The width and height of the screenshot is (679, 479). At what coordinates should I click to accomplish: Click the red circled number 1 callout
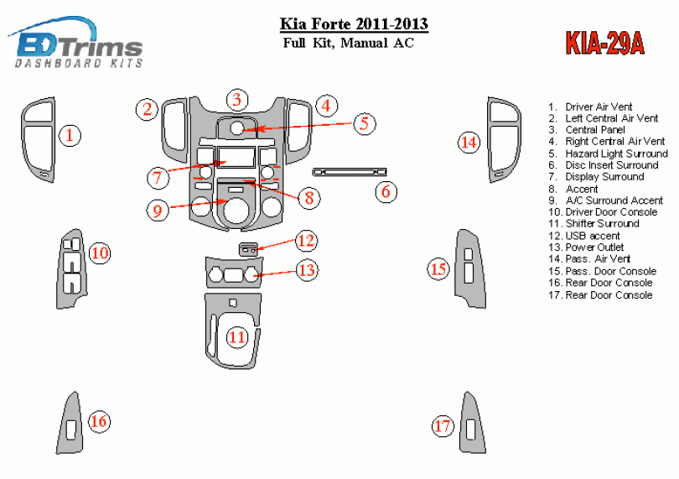coord(70,134)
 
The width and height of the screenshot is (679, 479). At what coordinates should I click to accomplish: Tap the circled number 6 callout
coord(385,191)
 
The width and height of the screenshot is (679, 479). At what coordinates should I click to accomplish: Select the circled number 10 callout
coord(100,253)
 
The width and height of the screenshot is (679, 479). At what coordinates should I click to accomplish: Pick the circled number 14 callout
coord(469,143)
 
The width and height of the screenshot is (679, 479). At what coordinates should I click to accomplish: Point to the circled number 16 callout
coord(99,421)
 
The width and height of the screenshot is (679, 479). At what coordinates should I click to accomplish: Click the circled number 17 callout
coord(443,426)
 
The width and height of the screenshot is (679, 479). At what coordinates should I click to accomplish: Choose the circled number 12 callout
coord(307,242)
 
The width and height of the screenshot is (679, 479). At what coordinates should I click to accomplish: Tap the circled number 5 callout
coord(363,123)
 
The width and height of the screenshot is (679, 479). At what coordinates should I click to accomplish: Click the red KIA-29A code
coord(601,44)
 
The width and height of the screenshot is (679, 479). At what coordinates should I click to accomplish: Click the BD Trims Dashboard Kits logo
coord(77,45)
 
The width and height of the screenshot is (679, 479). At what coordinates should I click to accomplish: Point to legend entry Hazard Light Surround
coord(616,154)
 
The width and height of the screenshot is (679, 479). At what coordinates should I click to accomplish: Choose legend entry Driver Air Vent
coord(599,107)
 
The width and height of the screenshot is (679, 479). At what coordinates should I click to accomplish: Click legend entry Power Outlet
coord(597,247)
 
